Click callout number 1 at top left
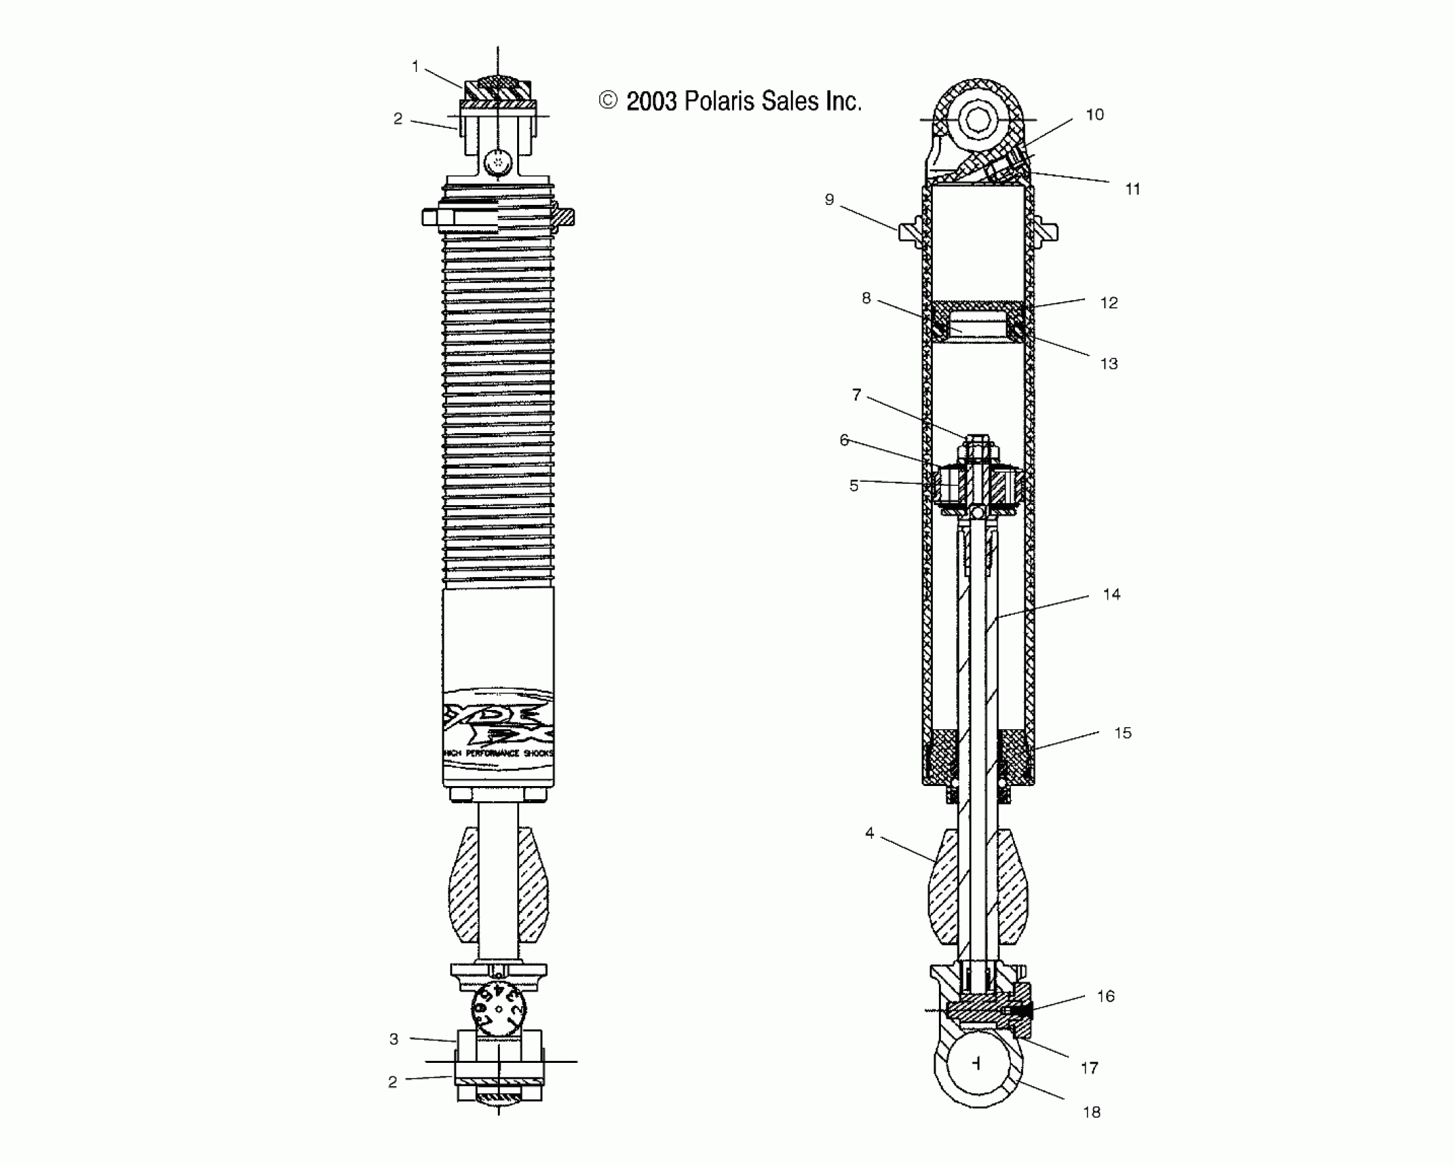pyautogui.click(x=415, y=66)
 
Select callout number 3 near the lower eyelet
pyautogui.click(x=394, y=1039)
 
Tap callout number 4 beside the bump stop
pyautogui.click(x=870, y=833)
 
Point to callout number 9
pyautogui.click(x=829, y=199)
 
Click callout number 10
pyautogui.click(x=1095, y=114)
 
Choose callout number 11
pyautogui.click(x=1133, y=189)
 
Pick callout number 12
pyautogui.click(x=1109, y=303)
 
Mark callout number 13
pyautogui.click(x=1109, y=364)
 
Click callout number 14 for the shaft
pyautogui.click(x=1112, y=594)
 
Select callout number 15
pyautogui.click(x=1123, y=733)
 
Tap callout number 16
pyautogui.click(x=1106, y=996)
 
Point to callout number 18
pyautogui.click(x=1092, y=1112)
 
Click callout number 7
pyautogui.click(x=856, y=395)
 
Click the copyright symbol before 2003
pyautogui.click(x=607, y=101)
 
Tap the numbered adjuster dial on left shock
pyautogui.click(x=499, y=1009)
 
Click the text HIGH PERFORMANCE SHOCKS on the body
pyautogui.click(x=499, y=753)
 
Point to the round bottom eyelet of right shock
pyautogui.click(x=977, y=1063)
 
